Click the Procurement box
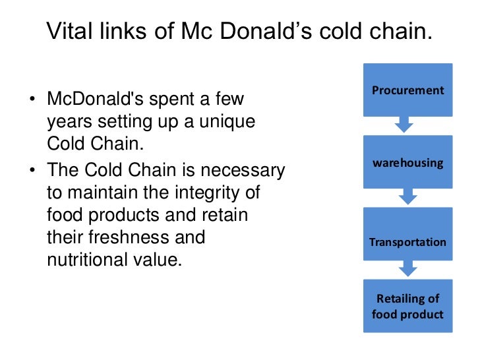click(x=407, y=90)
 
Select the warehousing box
click(x=407, y=162)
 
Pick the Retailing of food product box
click(x=407, y=306)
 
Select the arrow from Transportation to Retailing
click(x=407, y=269)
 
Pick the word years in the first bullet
click(x=69, y=123)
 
